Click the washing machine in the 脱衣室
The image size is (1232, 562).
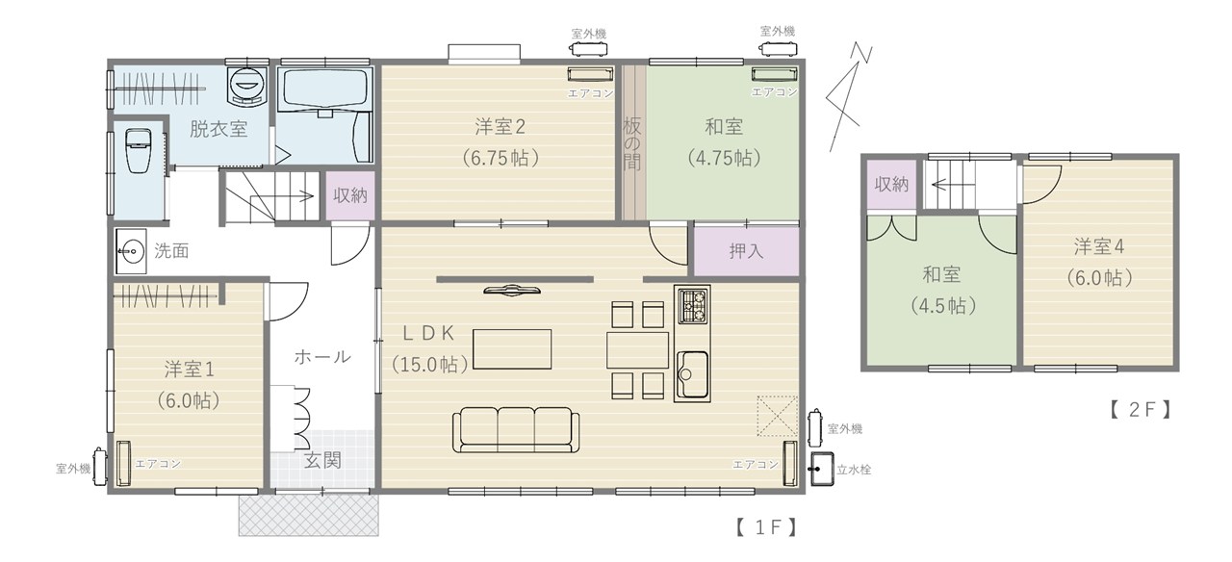pos(247,86)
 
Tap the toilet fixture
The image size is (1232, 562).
pos(138,151)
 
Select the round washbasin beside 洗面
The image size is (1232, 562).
pos(131,251)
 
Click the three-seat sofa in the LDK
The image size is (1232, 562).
pos(515,429)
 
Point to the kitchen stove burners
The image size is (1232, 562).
pos(692,305)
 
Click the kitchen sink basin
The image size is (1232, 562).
pos(692,374)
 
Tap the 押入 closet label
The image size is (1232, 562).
pos(746,251)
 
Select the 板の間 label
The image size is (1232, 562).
pos(632,144)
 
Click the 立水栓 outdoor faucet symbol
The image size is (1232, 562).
pos(822,469)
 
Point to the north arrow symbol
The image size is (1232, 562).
pos(849,97)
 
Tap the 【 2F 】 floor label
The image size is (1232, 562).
pos(1141,410)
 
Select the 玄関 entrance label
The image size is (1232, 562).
pos(322,460)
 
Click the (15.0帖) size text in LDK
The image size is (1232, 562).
pos(430,364)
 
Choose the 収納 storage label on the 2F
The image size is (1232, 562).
pos(891,184)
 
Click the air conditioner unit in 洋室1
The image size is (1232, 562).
pos(123,463)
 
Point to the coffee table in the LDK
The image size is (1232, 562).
pos(512,349)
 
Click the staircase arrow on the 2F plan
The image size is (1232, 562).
pos(946,185)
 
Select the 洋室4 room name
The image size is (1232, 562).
pos(1099,247)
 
